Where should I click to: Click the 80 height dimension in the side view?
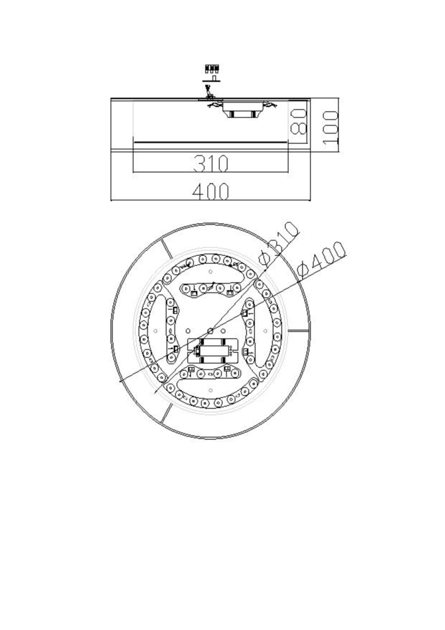point(298,122)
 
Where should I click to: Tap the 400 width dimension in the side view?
point(211,192)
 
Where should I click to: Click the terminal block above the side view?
point(212,69)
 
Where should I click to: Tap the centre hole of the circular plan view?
point(211,330)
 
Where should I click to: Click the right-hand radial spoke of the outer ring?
point(298,330)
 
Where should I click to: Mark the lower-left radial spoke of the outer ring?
point(166,413)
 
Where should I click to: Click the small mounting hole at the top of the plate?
point(211,272)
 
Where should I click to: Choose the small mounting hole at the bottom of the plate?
point(211,390)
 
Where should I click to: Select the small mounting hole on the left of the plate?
point(155,331)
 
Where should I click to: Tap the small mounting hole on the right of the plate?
point(265,331)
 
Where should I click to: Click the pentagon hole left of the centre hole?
point(188,331)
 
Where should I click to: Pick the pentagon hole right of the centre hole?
point(223,331)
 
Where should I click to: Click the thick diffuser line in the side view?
point(211,142)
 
